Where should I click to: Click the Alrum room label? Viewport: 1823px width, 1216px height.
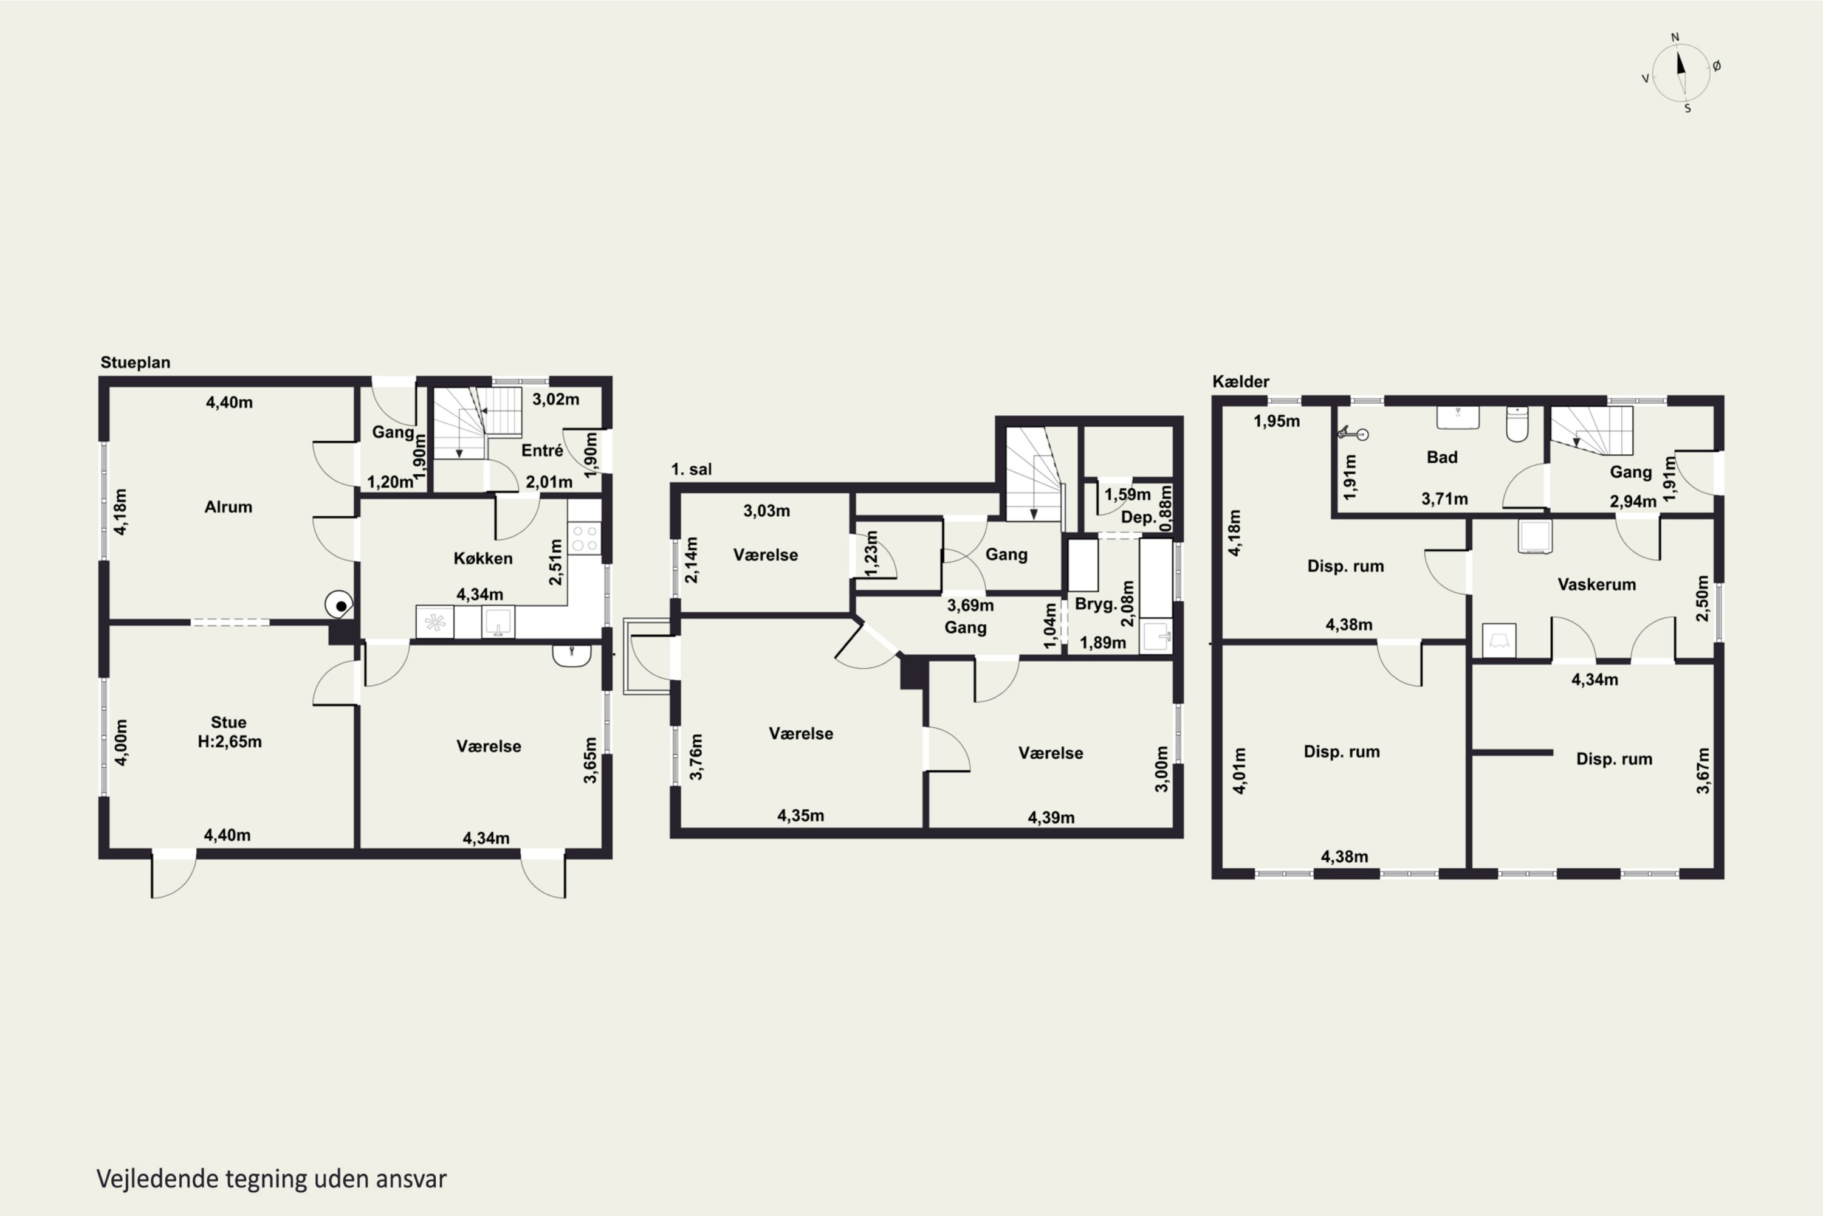(228, 507)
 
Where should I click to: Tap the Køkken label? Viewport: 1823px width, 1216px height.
(483, 558)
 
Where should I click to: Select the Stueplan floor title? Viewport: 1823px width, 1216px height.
(136, 363)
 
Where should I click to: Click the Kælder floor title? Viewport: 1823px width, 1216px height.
(1241, 382)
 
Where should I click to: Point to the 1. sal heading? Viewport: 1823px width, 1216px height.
(692, 469)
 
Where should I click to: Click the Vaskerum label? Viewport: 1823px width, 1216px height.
(1597, 585)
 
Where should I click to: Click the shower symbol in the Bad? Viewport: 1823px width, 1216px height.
(1353, 434)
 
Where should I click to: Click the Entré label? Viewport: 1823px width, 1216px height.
(542, 451)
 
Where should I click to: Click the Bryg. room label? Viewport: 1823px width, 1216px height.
(1095, 604)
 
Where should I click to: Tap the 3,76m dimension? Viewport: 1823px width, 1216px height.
(696, 756)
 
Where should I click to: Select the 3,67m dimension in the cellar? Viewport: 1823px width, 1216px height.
(1703, 770)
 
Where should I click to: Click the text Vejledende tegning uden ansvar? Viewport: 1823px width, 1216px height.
(271, 1179)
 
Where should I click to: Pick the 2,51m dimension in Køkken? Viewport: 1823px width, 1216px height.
(556, 563)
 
